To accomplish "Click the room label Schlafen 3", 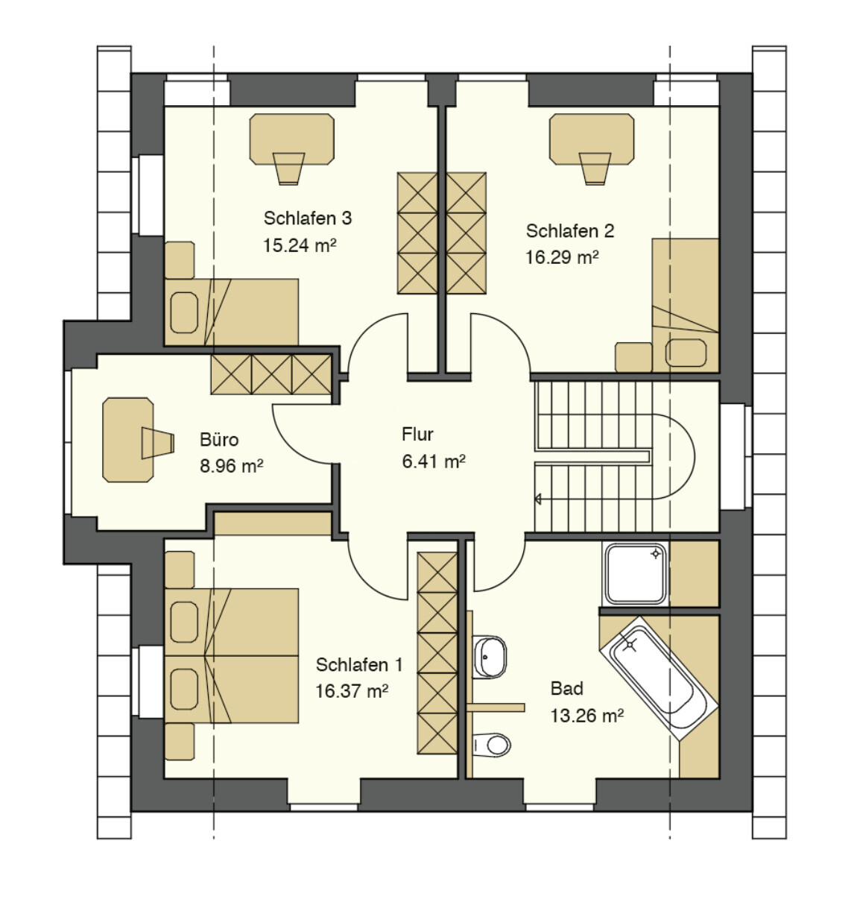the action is point(307,218).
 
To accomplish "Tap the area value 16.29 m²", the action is point(562,257).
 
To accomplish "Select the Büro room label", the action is point(219,440).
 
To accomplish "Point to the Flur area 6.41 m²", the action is point(433,461).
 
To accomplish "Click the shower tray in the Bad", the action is point(636,573).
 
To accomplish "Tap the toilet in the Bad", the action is point(491,745).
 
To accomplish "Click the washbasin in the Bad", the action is point(489,657).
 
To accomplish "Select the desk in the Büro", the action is point(127,440).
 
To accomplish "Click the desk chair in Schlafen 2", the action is point(595,168).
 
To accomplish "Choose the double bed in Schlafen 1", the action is point(231,656).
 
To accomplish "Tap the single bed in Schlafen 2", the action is point(685,306).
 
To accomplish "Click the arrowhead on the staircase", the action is point(538,499).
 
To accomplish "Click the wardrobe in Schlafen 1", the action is point(437,653).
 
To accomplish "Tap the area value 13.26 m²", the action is point(587,716).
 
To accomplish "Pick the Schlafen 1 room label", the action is point(359,665).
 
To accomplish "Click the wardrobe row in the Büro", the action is point(271,374).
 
